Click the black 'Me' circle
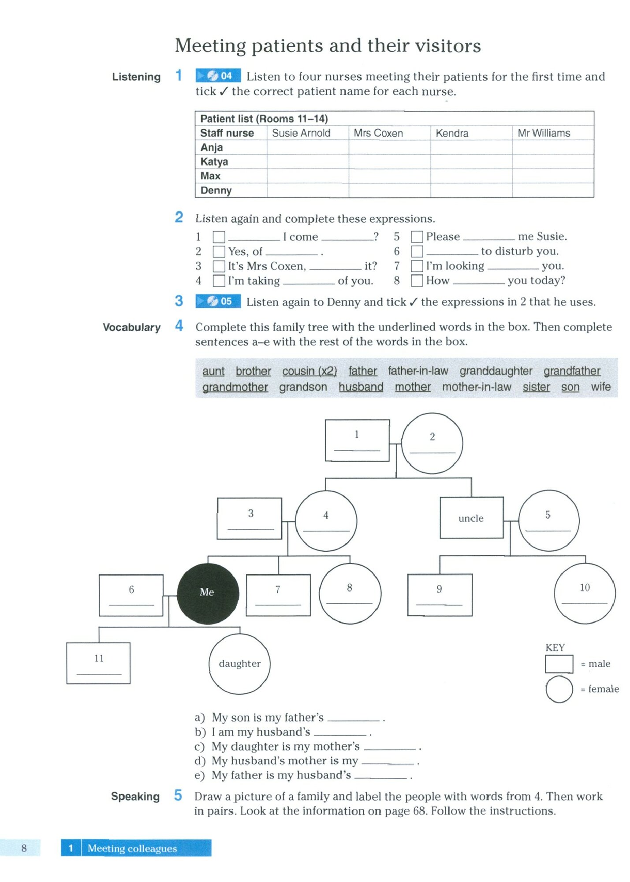point(208,593)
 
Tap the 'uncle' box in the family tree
point(471,518)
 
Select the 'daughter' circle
point(239,664)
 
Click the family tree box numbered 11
point(98,663)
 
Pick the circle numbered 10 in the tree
point(585,593)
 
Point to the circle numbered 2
point(432,443)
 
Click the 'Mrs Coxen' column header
point(378,133)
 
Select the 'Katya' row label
point(214,162)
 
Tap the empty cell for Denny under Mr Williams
point(553,191)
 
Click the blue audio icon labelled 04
point(218,76)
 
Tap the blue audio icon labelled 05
point(218,301)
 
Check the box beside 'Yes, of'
point(219,252)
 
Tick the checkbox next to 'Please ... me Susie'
point(417,237)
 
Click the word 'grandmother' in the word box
point(235,387)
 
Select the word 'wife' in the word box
point(600,387)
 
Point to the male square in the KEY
point(559,664)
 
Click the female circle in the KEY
point(559,689)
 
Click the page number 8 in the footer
point(24,848)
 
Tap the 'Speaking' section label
point(135,796)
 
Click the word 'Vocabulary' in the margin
point(131,327)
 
